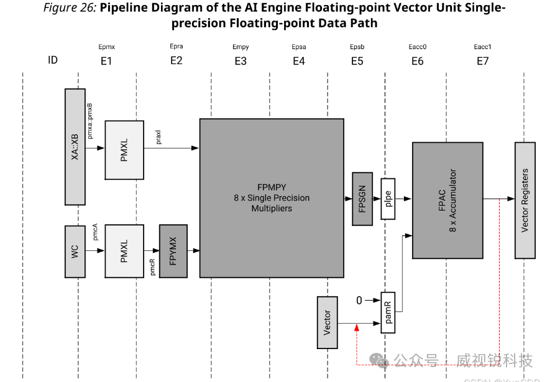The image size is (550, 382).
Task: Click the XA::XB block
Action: point(75,147)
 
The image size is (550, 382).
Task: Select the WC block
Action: point(75,251)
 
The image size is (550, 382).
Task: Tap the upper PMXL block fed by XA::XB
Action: point(124,149)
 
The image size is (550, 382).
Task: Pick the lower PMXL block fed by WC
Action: point(124,251)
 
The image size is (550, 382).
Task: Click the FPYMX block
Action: point(173,251)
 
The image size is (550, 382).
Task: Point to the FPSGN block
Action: point(362,198)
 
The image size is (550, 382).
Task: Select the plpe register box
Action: point(388,199)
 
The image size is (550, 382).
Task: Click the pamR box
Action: point(388,312)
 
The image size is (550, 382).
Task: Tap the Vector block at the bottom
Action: point(328,322)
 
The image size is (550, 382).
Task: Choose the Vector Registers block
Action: point(525,200)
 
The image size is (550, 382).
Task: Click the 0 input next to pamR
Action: point(359,301)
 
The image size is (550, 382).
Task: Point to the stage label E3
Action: point(241,61)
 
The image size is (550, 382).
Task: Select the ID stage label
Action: point(53,60)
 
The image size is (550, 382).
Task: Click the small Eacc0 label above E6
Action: point(417,47)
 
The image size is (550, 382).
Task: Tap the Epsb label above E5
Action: point(357,47)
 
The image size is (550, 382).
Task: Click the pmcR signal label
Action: point(152,266)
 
